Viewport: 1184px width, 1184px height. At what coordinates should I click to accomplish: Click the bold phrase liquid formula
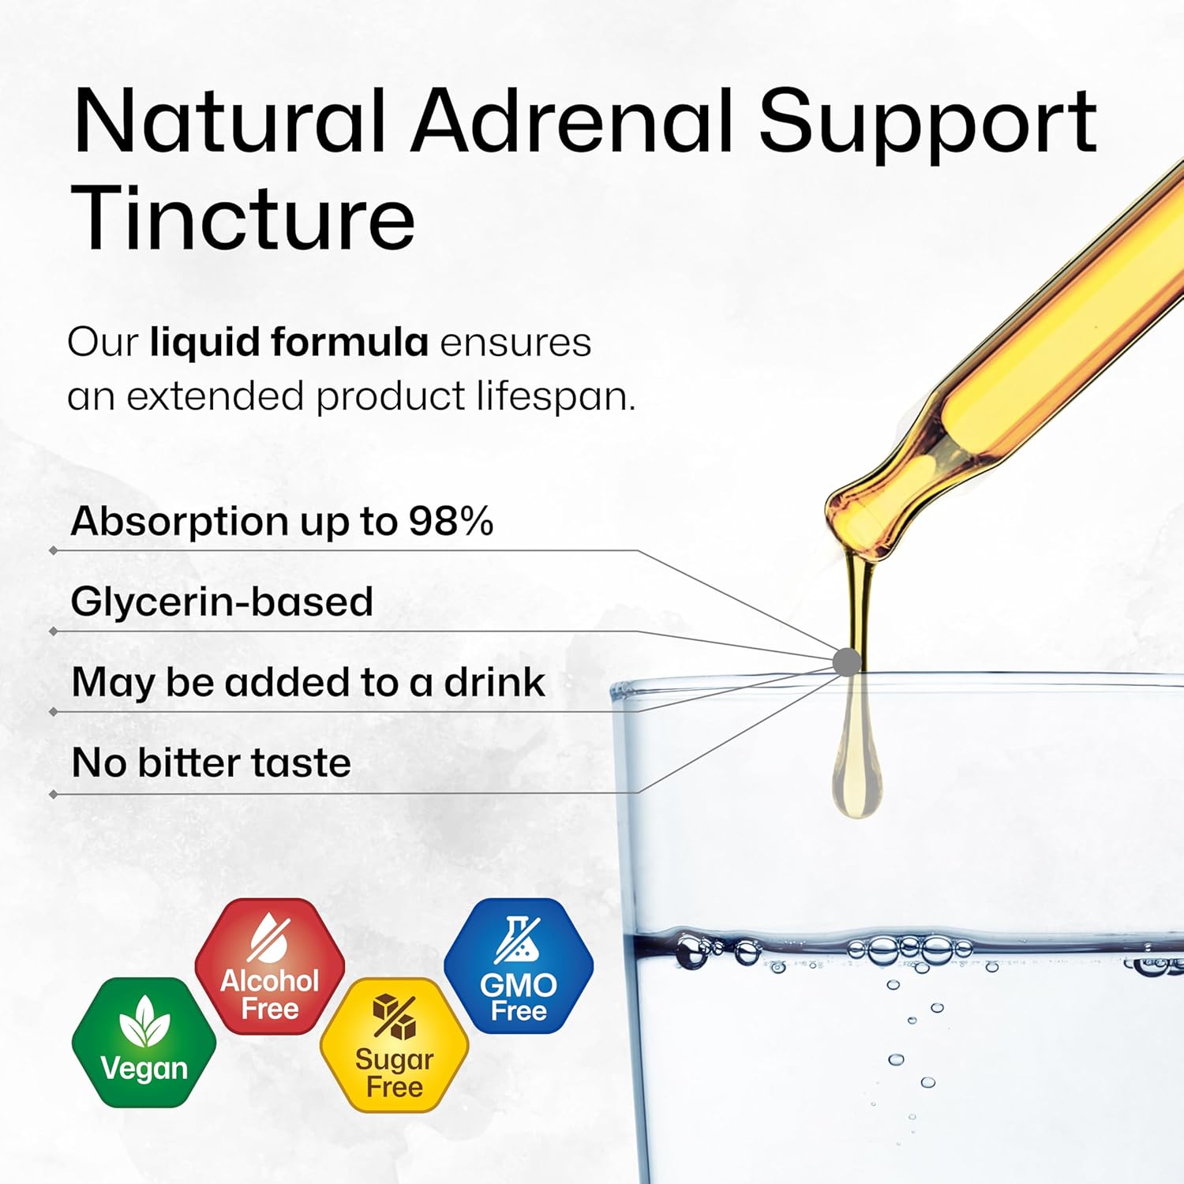coord(289,343)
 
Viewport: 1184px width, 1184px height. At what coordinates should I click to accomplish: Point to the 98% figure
coord(451,521)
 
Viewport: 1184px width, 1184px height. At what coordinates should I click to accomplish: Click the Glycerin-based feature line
coord(222,601)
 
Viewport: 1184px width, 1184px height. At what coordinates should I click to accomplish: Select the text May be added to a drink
coord(308,682)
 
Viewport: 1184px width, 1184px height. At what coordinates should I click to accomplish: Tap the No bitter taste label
coord(211,762)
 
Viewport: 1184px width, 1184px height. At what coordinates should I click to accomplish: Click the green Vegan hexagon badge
coord(144,1043)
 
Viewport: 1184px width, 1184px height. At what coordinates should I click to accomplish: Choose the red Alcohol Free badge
coord(270,966)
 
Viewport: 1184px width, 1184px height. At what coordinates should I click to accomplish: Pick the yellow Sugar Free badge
coord(394,1045)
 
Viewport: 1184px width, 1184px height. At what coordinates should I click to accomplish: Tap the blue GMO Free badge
coord(519,966)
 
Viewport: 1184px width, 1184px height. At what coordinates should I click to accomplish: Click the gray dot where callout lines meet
coord(847,661)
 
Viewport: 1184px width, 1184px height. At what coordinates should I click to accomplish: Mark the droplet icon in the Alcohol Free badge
coord(268,939)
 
